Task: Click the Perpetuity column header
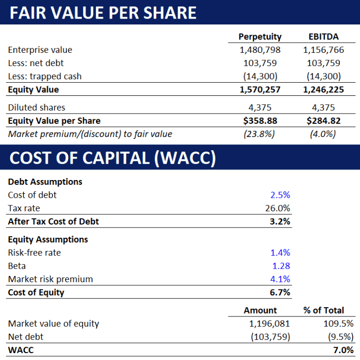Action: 260,37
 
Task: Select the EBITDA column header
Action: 324,37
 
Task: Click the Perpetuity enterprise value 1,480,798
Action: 260,50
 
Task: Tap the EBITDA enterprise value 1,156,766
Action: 324,50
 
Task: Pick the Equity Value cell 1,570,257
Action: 260,90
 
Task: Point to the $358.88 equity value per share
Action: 260,120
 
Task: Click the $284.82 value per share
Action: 324,120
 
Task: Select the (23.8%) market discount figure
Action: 260,134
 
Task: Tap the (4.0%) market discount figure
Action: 324,134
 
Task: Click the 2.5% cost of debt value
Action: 280,195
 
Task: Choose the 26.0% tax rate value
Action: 278,208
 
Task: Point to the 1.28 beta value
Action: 281,266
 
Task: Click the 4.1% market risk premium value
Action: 280,279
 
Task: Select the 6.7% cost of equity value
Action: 280,292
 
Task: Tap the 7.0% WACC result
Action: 343,350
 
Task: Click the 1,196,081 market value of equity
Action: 269,323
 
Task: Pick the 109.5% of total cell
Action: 338,323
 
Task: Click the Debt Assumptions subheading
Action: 45,181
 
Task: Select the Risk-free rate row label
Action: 34,253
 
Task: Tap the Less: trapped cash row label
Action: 45,76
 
